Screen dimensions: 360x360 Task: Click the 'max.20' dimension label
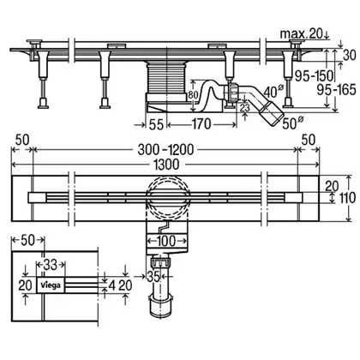301,34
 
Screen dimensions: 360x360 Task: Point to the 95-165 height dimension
337,90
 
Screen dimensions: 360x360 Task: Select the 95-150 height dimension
315,76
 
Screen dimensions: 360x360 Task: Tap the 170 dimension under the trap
201,124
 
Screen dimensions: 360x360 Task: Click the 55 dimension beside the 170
156,124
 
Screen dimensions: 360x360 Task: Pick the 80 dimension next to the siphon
193,95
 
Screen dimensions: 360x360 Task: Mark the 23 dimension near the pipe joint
245,108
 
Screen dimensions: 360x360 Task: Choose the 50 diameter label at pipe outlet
292,123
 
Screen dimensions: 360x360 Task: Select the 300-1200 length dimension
165,149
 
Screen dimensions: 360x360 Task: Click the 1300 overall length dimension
166,165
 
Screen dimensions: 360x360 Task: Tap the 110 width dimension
347,198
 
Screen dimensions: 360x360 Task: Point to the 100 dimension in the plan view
166,242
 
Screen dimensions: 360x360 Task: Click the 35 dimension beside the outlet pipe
153,276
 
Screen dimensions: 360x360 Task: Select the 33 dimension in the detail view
51,265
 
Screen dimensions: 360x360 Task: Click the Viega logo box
51,285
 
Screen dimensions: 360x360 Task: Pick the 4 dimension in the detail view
112,285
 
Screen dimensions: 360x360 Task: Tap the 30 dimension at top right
349,56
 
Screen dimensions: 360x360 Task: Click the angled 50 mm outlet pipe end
273,113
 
